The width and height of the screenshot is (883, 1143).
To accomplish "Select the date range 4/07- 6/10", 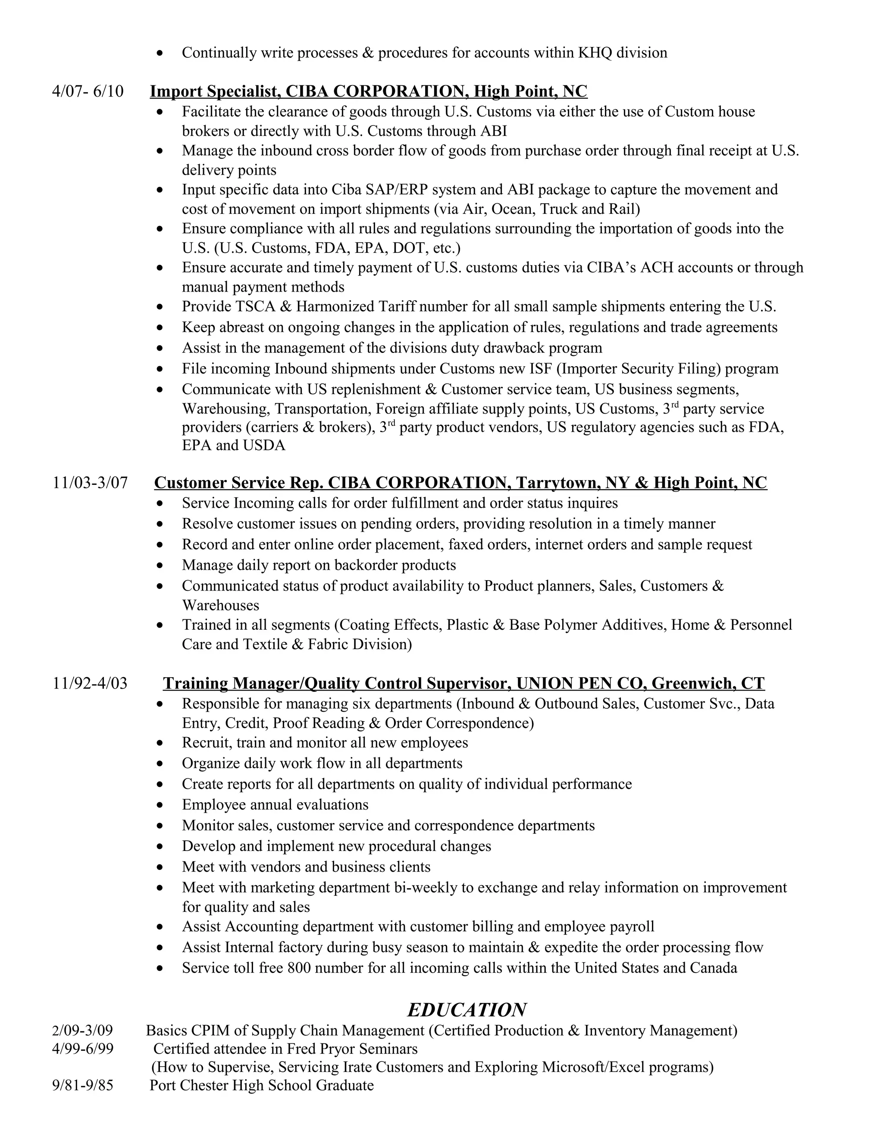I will (88, 91).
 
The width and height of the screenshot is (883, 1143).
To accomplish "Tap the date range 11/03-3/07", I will (90, 483).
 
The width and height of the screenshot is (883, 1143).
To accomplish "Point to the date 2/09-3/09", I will (83, 1030).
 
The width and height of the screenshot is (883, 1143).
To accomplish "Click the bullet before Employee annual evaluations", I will (160, 805).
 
